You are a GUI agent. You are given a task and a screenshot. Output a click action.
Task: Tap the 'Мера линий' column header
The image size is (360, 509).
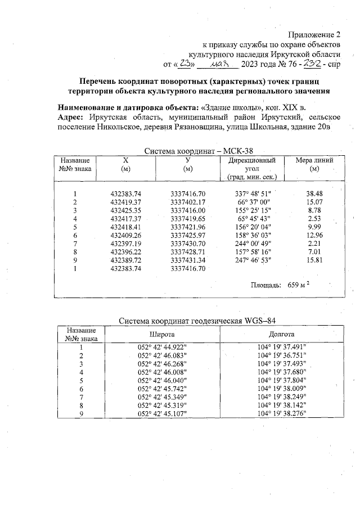314,164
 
